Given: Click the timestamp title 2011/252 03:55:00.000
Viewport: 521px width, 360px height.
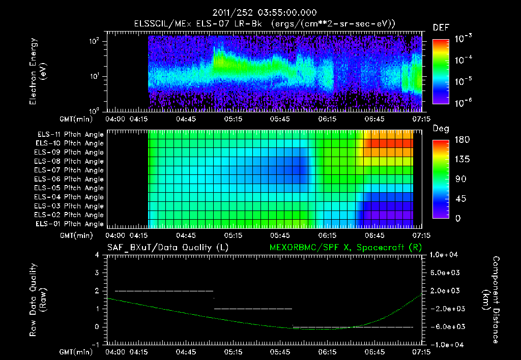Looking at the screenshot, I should coord(260,13).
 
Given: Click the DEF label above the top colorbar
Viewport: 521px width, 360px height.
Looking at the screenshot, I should coord(441,27).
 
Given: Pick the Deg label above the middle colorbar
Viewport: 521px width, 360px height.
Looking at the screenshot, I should coord(441,129).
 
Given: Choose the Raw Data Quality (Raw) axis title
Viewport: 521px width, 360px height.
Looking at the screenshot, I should coord(38,300).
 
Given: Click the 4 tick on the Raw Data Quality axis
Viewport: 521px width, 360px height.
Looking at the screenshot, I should coord(99,255).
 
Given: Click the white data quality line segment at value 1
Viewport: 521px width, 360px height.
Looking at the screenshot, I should coord(253,309).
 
